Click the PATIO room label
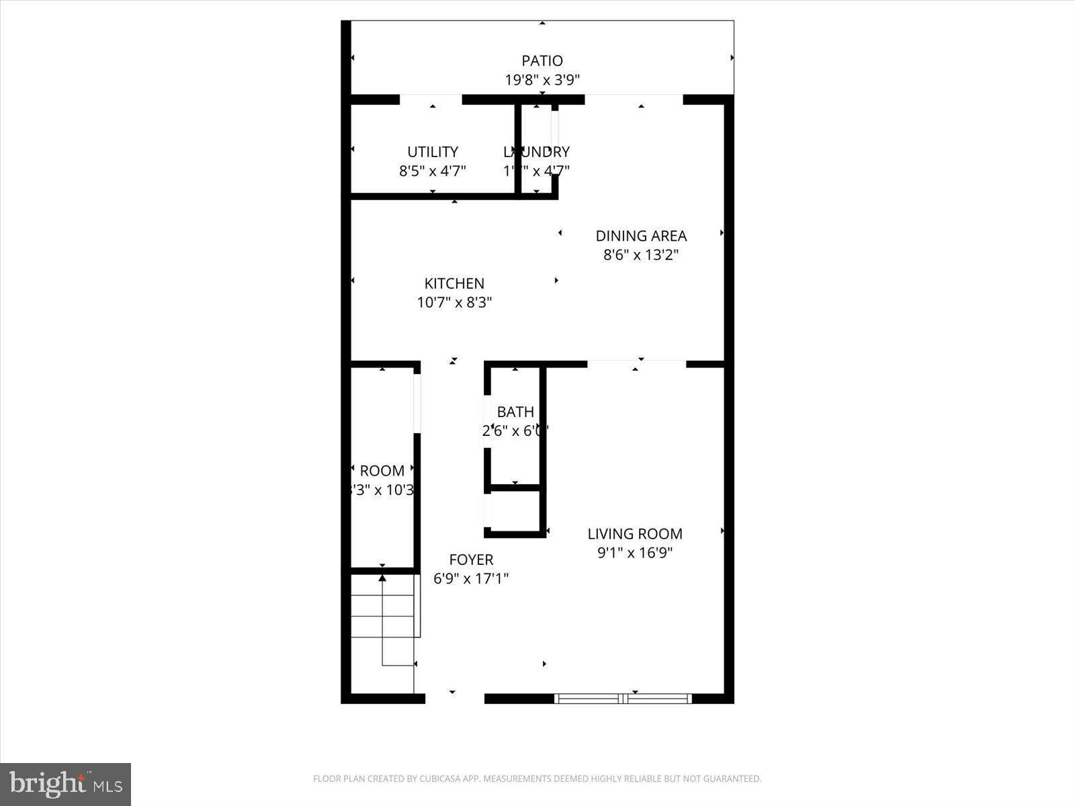[542, 61]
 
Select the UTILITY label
[433, 152]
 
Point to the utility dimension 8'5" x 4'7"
[433, 171]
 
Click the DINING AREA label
[641, 236]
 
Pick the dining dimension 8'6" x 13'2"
[641, 255]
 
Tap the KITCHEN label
[454, 283]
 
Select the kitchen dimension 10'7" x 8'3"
[454, 302]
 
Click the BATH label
[515, 412]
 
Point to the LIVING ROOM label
[635, 534]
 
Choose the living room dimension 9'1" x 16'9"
[635, 553]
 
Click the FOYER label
[471, 559]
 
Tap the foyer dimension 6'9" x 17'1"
[471, 578]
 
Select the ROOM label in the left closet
[382, 471]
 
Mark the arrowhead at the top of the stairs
[382, 577]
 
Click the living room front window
[623, 699]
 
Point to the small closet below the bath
[515, 511]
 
